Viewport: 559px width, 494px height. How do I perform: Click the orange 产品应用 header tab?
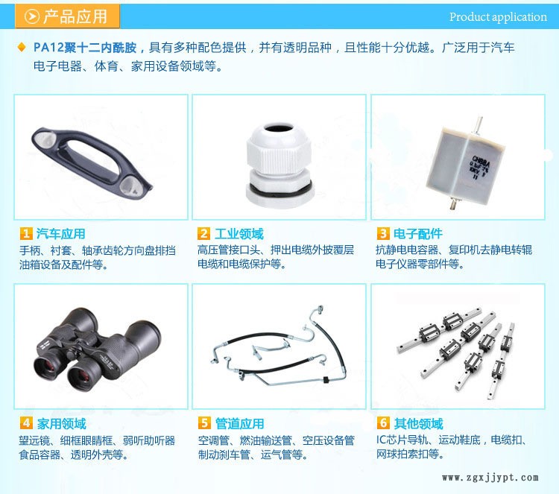67,16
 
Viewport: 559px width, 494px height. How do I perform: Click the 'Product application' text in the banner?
498,16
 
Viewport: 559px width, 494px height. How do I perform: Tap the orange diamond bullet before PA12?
22,47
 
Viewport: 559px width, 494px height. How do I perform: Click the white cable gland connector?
279,165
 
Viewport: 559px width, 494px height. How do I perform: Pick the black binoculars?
97,349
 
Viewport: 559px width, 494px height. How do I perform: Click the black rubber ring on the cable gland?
279,189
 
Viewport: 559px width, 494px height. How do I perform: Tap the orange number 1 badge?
26,234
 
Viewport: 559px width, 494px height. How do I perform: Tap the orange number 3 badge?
383,234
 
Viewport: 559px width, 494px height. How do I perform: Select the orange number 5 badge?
204,423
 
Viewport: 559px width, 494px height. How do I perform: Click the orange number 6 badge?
383,423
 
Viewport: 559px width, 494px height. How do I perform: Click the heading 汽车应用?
60,234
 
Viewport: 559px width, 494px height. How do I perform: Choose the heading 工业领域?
239,234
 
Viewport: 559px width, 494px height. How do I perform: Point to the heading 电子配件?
418,234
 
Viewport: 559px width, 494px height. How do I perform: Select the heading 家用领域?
62,423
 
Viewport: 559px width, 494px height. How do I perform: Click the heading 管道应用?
239,423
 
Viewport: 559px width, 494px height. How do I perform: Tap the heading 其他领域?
419,423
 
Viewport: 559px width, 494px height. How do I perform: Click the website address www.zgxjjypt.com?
490,478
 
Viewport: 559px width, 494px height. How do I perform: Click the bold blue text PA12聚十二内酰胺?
85,48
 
